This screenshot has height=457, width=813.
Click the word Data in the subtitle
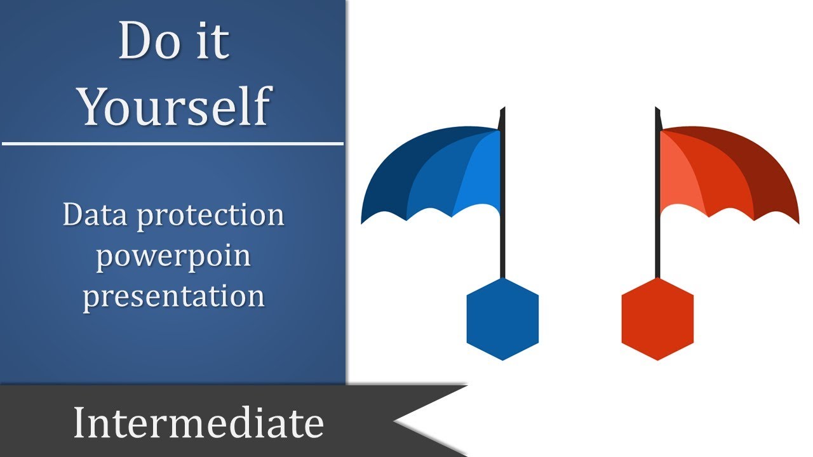pyautogui.click(x=95, y=216)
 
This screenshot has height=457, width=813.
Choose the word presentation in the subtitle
pyautogui.click(x=173, y=296)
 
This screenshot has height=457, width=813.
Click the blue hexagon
pyautogui.click(x=502, y=319)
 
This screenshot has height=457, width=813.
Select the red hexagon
pyautogui.click(x=657, y=319)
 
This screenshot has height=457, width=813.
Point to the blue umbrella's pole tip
pyautogui.click(x=503, y=112)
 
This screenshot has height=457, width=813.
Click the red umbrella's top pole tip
pyautogui.click(x=657, y=112)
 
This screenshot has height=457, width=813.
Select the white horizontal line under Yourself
pyautogui.click(x=173, y=143)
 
